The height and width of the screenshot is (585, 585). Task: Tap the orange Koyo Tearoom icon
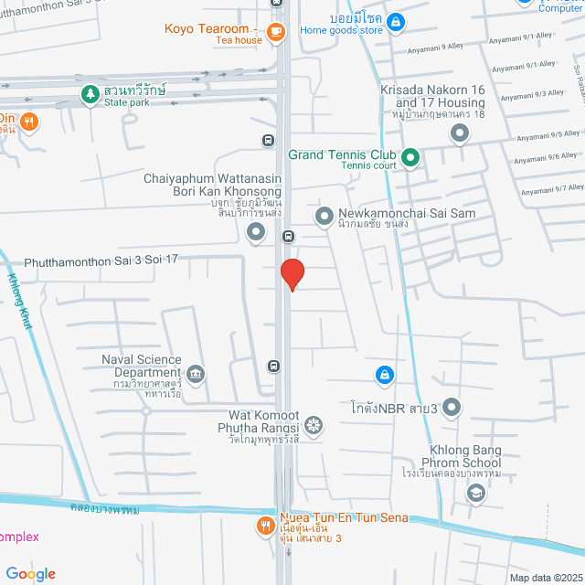(x=276, y=32)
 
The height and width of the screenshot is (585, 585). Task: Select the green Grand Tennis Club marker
(x=410, y=159)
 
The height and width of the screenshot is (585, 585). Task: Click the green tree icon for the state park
(x=90, y=94)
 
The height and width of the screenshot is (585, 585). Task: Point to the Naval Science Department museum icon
(x=195, y=374)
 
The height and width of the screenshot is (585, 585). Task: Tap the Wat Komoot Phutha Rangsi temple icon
(x=314, y=425)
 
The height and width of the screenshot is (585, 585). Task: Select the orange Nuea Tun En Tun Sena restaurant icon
(x=265, y=526)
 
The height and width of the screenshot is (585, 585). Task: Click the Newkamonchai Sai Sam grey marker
(x=324, y=218)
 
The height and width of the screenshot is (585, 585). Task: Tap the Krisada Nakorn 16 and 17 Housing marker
(x=460, y=134)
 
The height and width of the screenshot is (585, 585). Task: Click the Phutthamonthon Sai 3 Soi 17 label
(x=101, y=260)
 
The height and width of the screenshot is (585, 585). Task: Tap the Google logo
(x=31, y=573)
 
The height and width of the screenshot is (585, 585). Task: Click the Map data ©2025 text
(x=545, y=578)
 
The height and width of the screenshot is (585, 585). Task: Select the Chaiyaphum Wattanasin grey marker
(x=256, y=235)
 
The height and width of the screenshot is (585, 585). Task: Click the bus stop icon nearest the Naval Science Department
(x=272, y=366)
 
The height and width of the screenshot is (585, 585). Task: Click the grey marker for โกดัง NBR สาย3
(x=452, y=408)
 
